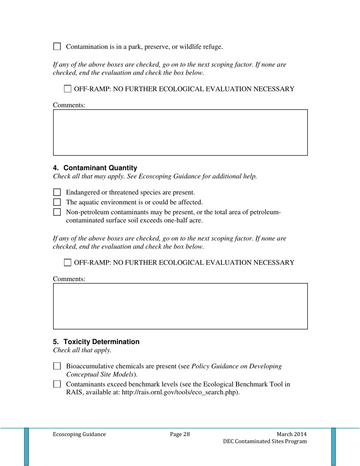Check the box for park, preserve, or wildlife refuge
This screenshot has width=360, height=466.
pos(56,47)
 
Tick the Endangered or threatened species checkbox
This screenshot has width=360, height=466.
pos(56,192)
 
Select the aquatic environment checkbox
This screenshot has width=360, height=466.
pos(56,202)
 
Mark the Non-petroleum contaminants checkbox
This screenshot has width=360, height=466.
pos(56,212)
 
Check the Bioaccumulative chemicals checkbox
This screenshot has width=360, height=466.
pos(56,366)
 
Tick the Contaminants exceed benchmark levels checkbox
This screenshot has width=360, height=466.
pos(56,384)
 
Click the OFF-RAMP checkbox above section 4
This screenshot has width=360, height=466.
pos(67,89)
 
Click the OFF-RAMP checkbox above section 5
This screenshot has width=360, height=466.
pos(67,262)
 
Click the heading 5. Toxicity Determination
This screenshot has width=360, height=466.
pos(96,342)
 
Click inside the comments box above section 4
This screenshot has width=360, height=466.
pos(180,133)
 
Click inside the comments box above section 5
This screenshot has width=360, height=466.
pos(180,306)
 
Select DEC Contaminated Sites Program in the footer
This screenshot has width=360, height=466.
pos(265,442)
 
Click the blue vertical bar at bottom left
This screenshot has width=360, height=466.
pos(27,446)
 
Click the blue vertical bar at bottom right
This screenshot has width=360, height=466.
pos(333,446)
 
